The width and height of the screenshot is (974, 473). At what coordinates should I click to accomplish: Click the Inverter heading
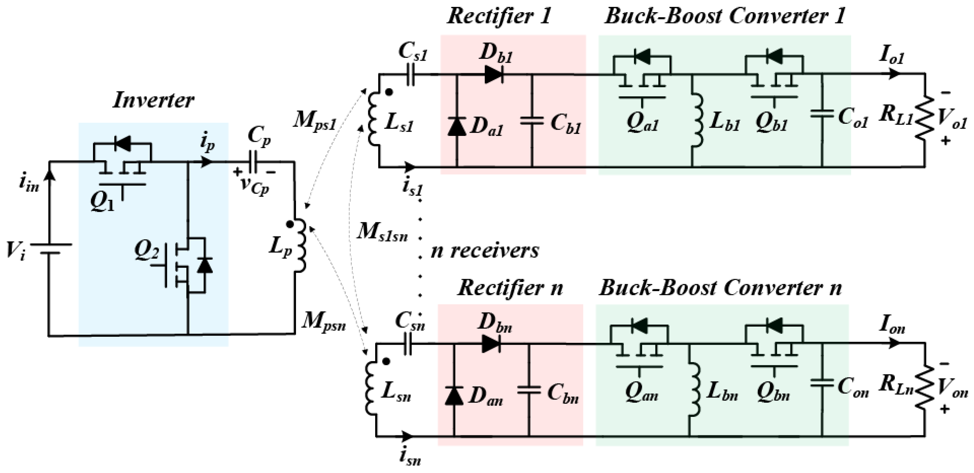pos(153,101)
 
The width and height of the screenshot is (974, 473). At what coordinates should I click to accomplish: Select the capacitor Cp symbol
pos(252,162)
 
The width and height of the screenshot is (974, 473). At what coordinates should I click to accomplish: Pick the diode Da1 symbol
pos(457,127)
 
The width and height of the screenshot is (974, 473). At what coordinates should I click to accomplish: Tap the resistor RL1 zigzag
pos(924,117)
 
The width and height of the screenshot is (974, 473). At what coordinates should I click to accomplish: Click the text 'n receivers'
pos(485,251)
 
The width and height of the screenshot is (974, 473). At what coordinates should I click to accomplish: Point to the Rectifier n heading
pos(510,288)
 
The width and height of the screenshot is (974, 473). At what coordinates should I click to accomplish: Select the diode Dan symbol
pos(454,396)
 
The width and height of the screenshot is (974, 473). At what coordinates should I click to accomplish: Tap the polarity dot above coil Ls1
pos(389,92)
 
